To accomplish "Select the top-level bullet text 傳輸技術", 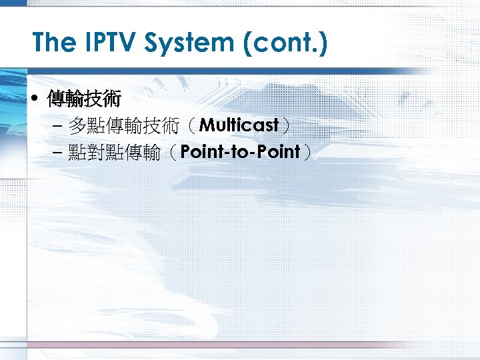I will pos(83,100).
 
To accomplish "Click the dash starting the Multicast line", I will pos(57,126).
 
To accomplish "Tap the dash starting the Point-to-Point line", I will pos(57,153).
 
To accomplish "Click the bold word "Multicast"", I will pos(239,125).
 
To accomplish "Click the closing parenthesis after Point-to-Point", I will pos(307,153).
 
